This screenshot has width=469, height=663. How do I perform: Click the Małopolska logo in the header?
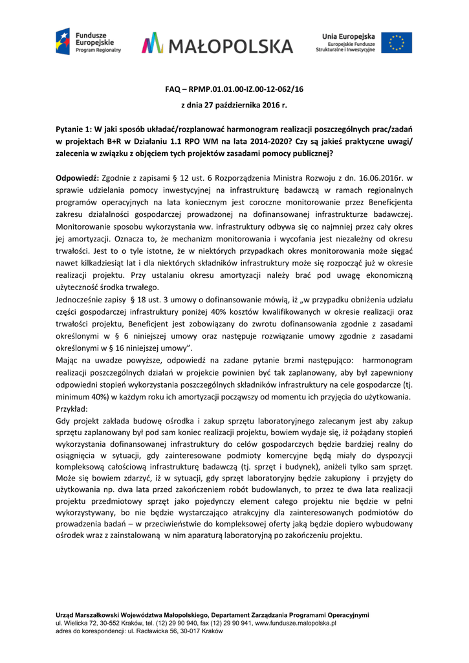[217, 45]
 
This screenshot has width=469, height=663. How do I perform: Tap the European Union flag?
[396, 43]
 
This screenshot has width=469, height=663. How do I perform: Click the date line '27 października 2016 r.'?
[242, 104]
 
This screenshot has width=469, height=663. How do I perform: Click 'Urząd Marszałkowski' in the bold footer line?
[89, 614]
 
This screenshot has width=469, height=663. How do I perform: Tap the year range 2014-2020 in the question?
[288, 141]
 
